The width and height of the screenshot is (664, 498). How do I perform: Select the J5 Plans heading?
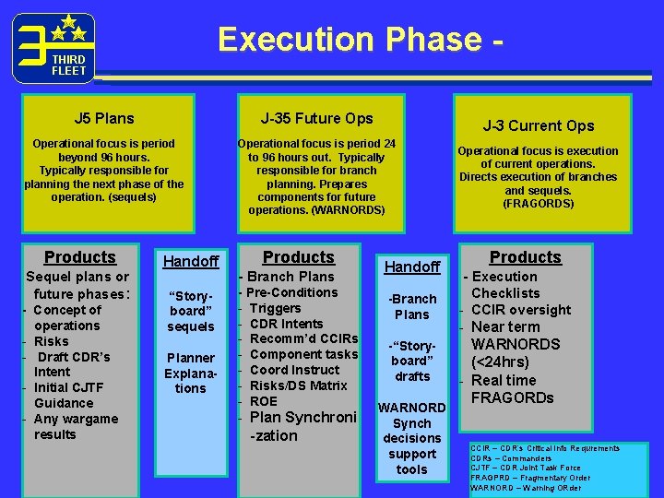coord(104,118)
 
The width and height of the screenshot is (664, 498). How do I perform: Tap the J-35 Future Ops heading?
coord(316,118)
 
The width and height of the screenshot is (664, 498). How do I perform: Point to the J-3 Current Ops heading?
coord(539,125)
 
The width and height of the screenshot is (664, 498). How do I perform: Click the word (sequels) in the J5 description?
coord(129,197)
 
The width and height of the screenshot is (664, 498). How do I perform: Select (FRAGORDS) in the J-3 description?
coord(539,203)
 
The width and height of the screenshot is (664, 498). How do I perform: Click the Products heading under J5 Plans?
coord(80,257)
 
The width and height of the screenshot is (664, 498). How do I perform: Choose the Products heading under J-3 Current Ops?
coord(525,257)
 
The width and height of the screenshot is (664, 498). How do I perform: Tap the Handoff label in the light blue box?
coord(190,262)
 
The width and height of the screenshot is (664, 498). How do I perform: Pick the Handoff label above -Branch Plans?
coord(412,267)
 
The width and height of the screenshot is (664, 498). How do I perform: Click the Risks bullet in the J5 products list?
coord(51,341)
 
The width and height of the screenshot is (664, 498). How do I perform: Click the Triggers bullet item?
coord(275,308)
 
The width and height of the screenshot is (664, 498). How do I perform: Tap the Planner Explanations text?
coord(190,373)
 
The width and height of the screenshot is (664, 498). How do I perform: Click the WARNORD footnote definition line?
coord(526,488)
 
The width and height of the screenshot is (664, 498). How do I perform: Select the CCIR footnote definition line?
coord(544,448)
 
